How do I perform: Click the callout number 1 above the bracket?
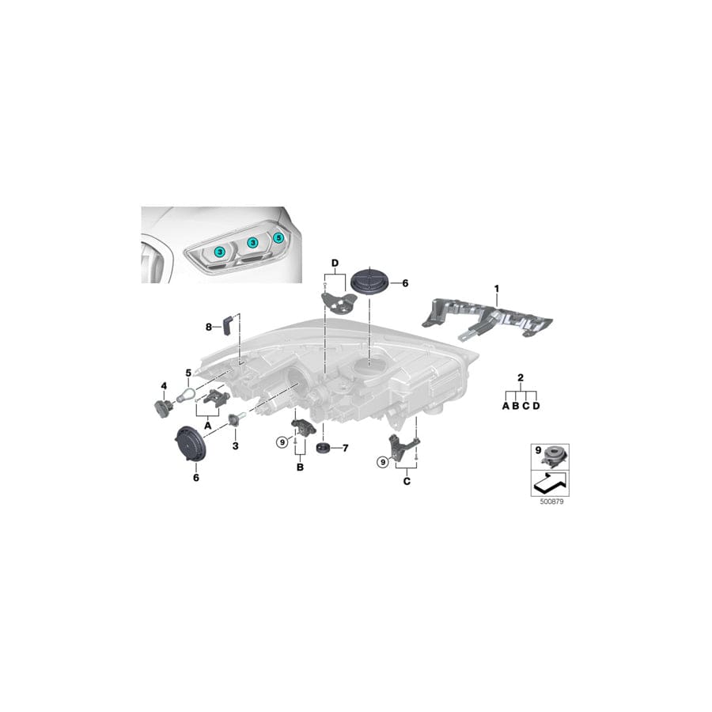tap(496, 289)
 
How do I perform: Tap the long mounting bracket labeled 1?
tap(488, 319)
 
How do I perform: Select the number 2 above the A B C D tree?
tap(521, 377)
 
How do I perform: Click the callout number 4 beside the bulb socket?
tap(164, 386)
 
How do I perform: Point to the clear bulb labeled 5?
tap(186, 393)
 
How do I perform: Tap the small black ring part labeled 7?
tap(324, 448)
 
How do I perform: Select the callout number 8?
tap(209, 327)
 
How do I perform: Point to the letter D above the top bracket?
tap(335, 263)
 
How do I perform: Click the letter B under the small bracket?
tap(300, 467)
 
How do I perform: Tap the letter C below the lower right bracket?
tap(407, 481)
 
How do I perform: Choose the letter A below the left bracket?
tap(208, 426)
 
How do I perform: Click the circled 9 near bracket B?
tap(282, 441)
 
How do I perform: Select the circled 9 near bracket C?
tap(383, 462)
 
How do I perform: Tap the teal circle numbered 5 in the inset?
tap(278, 237)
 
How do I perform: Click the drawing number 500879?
tap(551, 502)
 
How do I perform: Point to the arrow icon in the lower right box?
tap(551, 483)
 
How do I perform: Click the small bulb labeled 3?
tap(238, 418)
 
